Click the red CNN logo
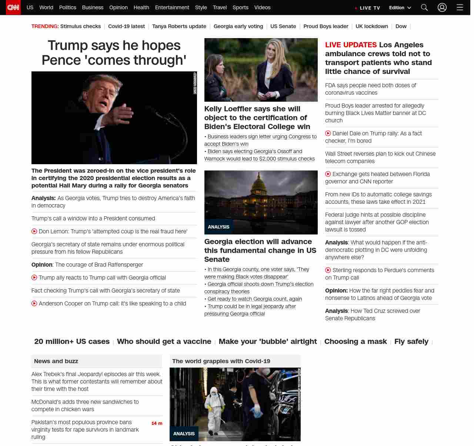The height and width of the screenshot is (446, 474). (x=13, y=7)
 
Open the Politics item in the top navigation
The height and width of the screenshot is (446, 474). (x=67, y=7)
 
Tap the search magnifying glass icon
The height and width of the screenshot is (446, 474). (x=424, y=7)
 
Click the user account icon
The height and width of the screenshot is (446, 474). (x=442, y=7)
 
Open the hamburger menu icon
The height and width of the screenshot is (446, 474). (x=460, y=7)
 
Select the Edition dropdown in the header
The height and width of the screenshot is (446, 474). (x=400, y=8)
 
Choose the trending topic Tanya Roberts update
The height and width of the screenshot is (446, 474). (x=179, y=26)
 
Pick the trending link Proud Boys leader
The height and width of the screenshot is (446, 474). (x=326, y=26)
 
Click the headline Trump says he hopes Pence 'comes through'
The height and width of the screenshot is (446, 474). (x=114, y=53)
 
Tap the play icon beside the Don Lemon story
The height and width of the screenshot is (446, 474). (x=34, y=232)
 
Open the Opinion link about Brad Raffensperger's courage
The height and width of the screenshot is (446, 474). (x=87, y=265)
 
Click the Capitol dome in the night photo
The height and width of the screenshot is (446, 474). (x=261, y=185)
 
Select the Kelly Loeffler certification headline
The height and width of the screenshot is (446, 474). (x=257, y=118)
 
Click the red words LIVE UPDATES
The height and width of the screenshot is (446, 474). (x=351, y=45)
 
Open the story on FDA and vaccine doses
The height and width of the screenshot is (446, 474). (x=370, y=89)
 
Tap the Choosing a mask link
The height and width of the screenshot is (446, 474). (x=355, y=341)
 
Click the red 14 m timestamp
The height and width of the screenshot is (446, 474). (x=157, y=423)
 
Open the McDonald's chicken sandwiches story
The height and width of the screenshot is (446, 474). (x=85, y=406)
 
